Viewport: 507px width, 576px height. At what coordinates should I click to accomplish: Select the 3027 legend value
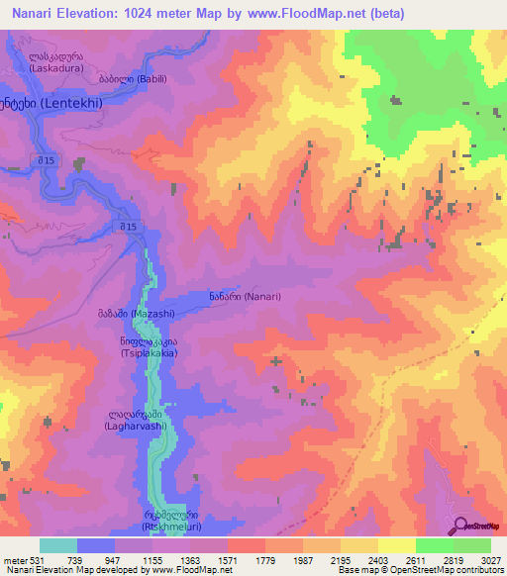pos(490,559)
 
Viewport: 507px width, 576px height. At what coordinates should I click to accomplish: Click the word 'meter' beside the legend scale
pos(14,559)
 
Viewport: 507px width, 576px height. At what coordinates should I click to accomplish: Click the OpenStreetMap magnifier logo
pos(459,526)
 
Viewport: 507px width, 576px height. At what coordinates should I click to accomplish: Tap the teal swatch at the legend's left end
pos(57,545)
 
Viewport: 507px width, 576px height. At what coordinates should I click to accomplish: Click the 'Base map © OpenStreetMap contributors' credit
pos(419,571)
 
